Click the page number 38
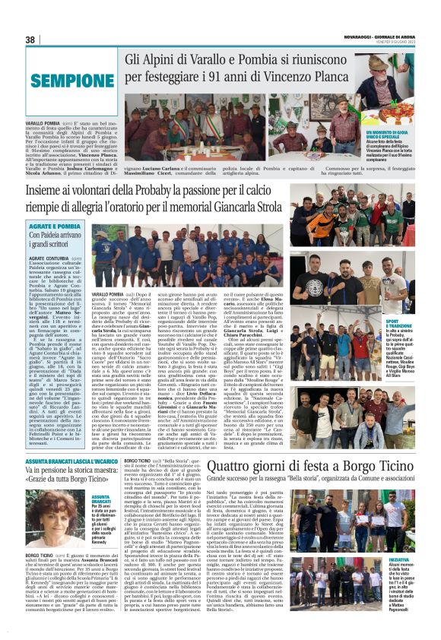[x=30, y=40]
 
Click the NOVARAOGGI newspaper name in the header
[x=358, y=36]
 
